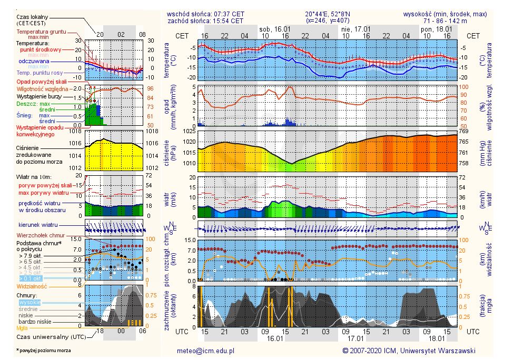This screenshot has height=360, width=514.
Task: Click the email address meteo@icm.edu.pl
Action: tap(205, 350)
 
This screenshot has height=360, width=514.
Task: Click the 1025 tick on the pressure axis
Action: tap(189, 131)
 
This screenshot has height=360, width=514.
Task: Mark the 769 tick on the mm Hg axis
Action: tap(470, 131)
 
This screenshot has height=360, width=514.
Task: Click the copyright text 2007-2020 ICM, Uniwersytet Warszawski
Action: tap(409, 350)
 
